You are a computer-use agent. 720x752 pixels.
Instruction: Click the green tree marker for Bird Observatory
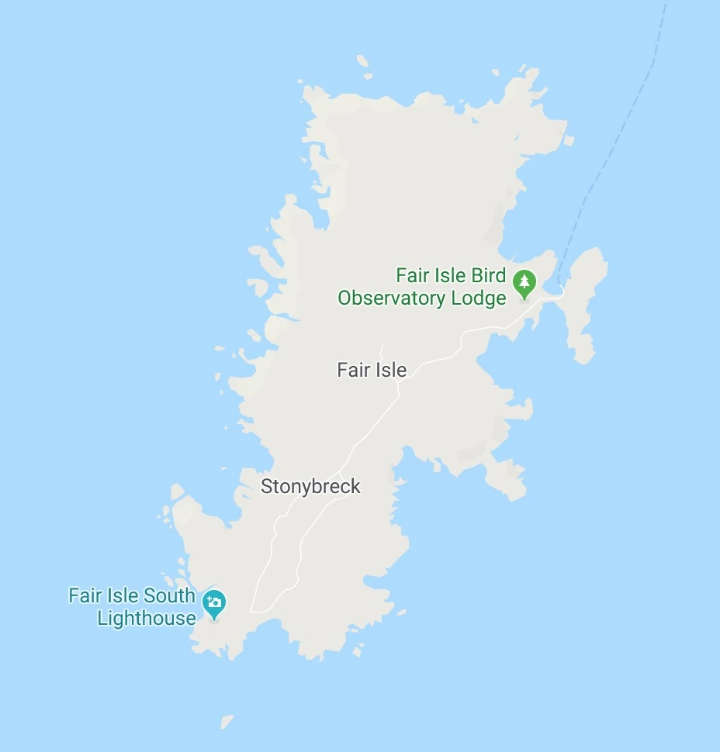click(525, 283)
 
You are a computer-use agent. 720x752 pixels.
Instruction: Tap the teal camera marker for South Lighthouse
click(214, 602)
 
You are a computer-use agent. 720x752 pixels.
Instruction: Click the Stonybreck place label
click(310, 487)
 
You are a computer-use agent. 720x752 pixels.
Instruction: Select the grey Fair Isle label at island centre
click(372, 371)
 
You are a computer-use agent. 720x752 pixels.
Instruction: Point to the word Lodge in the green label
click(479, 298)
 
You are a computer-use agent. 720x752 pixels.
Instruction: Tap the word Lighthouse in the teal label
click(147, 619)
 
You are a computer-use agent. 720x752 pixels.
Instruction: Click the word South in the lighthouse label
click(169, 596)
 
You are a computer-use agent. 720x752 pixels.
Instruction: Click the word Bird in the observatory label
click(489, 276)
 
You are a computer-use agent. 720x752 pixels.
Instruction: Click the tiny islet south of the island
click(226, 722)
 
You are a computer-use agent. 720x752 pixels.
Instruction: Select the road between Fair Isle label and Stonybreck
click(369, 434)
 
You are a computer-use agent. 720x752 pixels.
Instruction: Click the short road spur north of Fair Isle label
click(382, 351)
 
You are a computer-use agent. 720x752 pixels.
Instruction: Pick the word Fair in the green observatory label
click(411, 276)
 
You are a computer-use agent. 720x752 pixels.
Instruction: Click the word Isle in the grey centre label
click(390, 371)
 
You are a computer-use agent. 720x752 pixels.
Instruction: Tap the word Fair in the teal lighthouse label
click(85, 596)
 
